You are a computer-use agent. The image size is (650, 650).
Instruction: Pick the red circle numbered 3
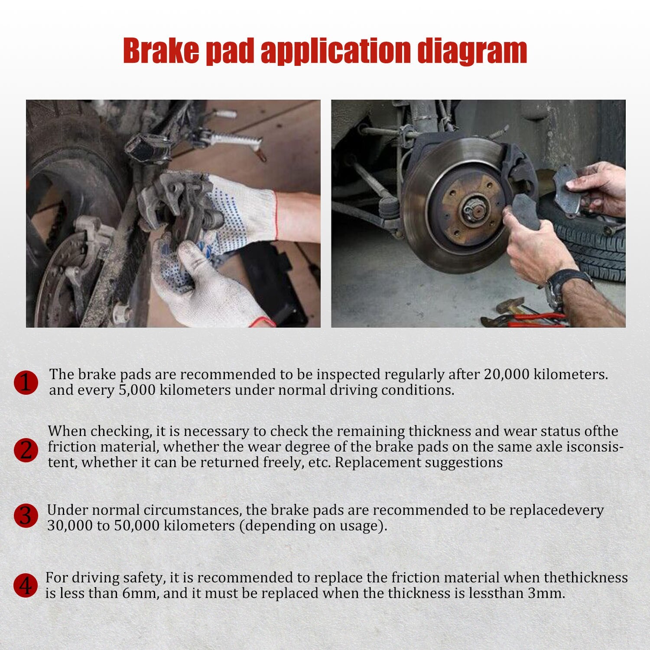coord(26,516)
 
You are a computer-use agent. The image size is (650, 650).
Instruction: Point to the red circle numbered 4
coord(26,585)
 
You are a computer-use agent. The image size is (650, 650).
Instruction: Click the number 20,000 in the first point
coord(506,374)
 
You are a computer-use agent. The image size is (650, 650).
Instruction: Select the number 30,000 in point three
coord(70,526)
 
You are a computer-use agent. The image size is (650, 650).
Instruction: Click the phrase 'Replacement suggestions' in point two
coord(419,462)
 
